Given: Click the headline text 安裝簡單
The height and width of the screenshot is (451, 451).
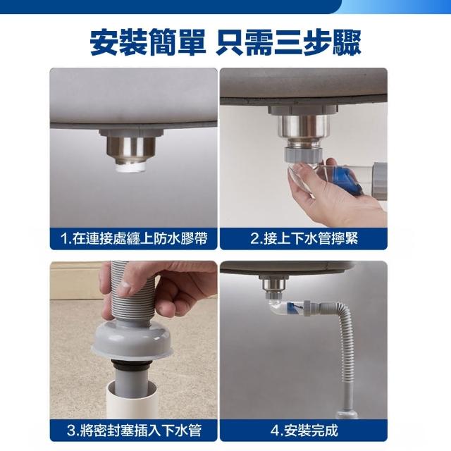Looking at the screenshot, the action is (148, 42).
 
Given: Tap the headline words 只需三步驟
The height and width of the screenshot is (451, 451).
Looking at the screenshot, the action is (288, 42).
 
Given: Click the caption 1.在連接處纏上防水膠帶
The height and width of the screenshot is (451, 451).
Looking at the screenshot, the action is (134, 238).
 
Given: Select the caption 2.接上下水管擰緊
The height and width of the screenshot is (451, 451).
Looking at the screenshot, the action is (304, 238).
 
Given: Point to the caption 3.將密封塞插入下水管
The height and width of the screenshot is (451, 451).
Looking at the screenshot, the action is (134, 431).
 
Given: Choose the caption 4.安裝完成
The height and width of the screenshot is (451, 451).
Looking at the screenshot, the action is (304, 431).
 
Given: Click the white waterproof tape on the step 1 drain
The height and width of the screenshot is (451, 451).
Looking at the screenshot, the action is (131, 168).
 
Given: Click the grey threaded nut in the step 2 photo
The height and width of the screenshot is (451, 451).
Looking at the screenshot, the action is (303, 154).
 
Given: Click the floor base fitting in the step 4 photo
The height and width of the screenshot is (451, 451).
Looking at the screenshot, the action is (347, 414).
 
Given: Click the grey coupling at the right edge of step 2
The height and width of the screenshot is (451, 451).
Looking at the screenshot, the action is (380, 180).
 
